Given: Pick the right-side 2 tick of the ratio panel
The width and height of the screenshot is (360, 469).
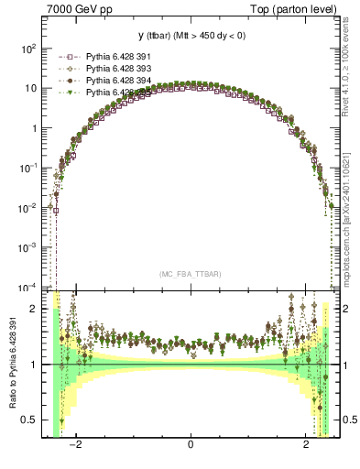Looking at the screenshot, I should [x=344, y=309].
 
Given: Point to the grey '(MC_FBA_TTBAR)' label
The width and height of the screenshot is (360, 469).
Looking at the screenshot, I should [x=191, y=274].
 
